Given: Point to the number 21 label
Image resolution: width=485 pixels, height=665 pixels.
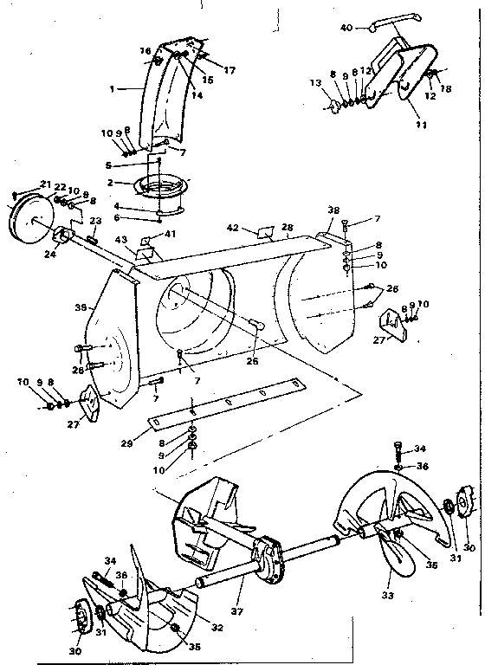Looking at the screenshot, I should [46, 184].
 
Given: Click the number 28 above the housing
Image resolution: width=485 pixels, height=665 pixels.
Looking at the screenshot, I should [288, 227].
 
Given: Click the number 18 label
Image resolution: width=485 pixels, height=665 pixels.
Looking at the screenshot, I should [447, 87].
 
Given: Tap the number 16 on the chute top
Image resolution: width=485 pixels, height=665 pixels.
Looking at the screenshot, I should [145, 51].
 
